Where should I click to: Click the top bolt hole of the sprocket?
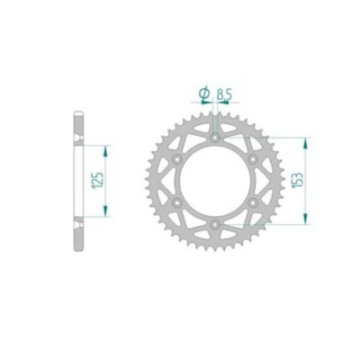coord(216,137)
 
